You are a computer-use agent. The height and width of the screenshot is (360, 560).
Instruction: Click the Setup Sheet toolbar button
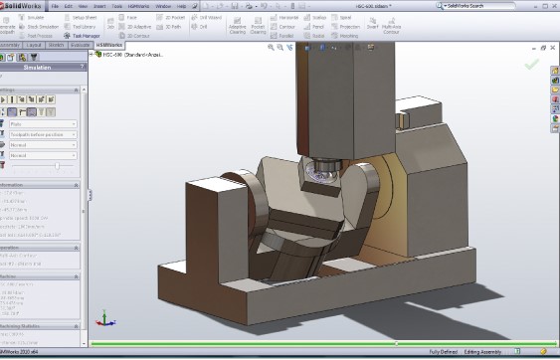coord(83,18)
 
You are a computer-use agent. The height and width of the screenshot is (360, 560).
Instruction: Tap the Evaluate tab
coord(82,45)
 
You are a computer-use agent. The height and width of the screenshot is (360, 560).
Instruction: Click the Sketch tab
coord(56,45)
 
